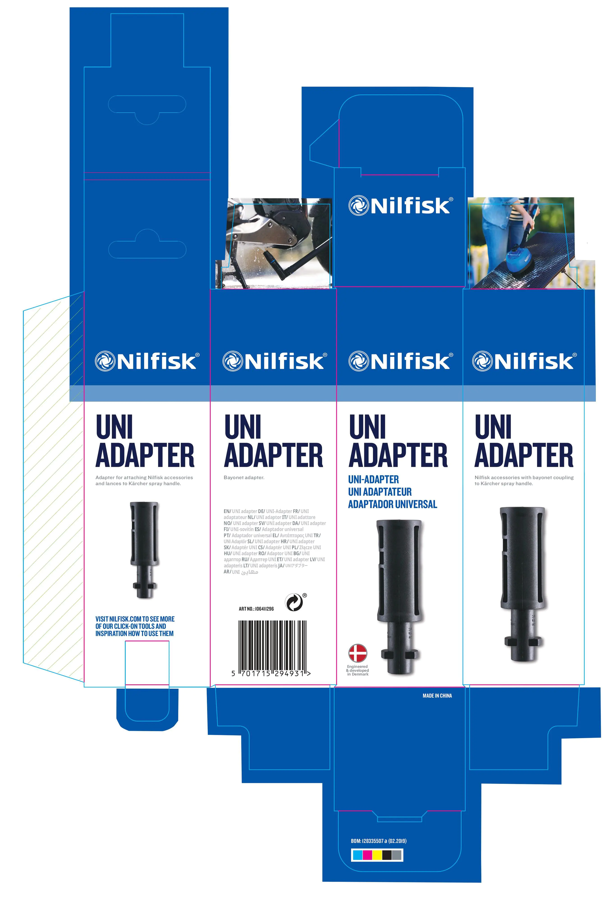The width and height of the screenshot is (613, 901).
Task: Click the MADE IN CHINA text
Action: [x=437, y=696]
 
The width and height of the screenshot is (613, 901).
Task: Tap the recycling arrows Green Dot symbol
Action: [x=294, y=602]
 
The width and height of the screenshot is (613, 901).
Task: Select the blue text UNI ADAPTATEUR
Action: [x=380, y=492]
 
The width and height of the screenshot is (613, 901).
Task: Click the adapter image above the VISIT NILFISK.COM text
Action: [x=144, y=550]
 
